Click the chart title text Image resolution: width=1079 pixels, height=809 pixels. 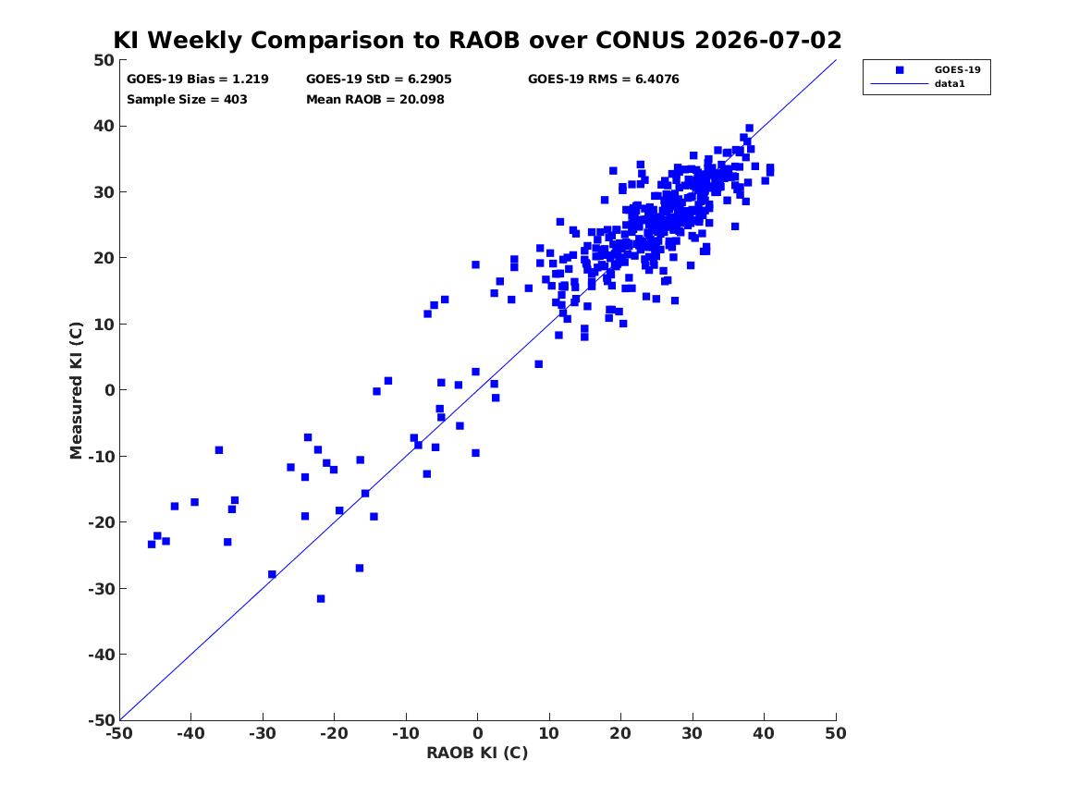478,40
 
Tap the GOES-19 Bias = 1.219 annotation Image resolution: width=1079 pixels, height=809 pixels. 198,80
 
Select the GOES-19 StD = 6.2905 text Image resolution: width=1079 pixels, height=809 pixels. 378,80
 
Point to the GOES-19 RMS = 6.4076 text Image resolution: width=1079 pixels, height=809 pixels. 604,80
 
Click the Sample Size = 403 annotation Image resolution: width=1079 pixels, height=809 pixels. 187,99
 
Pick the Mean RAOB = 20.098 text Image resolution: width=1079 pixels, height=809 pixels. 375,99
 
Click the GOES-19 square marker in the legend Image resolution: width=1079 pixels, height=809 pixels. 900,69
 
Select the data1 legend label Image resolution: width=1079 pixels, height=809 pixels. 950,84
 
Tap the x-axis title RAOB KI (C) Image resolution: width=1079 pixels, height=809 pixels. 478,753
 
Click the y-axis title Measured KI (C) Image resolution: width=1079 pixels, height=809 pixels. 76,390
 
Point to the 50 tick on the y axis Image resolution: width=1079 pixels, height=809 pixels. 104,60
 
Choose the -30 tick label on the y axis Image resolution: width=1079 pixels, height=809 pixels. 101,588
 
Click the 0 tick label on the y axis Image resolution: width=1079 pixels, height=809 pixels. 109,390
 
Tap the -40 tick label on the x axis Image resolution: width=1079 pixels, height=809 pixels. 190,733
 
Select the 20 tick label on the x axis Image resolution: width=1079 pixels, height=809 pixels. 620,733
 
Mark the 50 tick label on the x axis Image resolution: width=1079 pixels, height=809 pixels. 836,733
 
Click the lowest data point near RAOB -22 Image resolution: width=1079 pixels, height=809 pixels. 321,599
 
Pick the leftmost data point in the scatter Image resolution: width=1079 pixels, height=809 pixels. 152,545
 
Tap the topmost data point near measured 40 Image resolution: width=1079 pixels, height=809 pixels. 749,128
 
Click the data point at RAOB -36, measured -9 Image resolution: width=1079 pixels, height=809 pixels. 219,450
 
